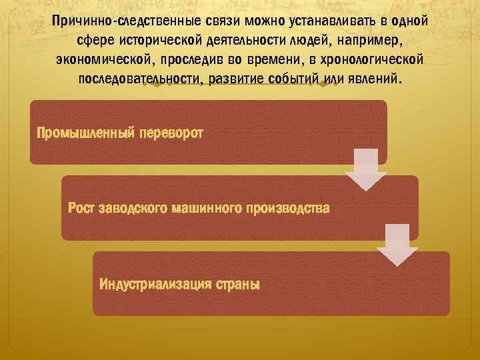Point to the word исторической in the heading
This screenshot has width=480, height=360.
(x=146, y=40)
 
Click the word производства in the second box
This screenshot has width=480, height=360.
(x=287, y=208)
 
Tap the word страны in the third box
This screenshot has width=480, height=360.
(x=237, y=284)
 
